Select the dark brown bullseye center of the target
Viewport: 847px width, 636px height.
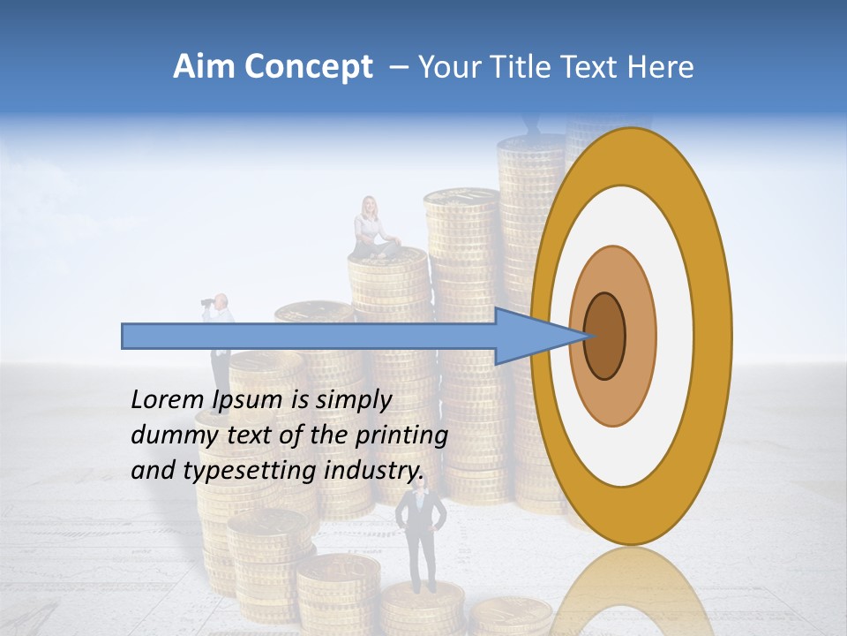(x=604, y=336)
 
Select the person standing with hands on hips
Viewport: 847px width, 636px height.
(x=421, y=539)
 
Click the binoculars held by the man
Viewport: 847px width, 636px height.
(x=208, y=303)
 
